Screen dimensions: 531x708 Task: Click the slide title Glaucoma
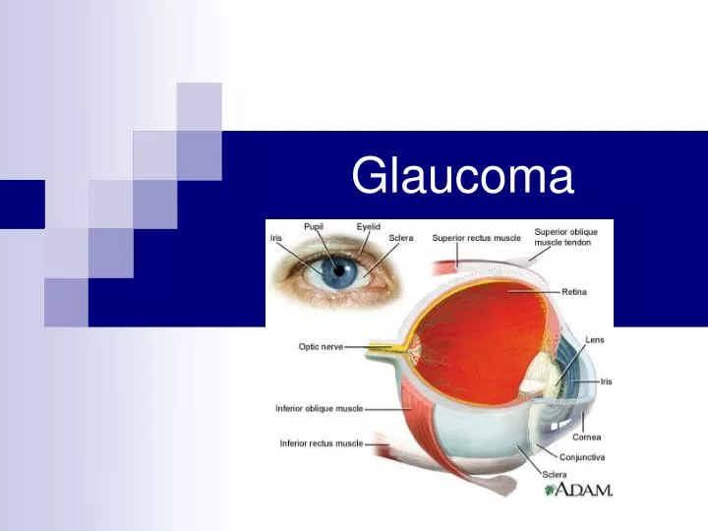coord(462,177)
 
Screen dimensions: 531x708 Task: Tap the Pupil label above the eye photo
coord(314,226)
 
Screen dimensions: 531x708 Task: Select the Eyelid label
coord(369,226)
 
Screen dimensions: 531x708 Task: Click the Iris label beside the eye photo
coord(276,238)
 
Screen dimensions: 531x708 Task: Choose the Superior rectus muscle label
coord(476,238)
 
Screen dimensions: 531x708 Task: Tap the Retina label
coord(574,291)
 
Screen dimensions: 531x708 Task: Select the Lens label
coord(595,339)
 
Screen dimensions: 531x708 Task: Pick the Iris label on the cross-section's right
coord(606,382)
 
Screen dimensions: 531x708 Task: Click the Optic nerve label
coord(321,346)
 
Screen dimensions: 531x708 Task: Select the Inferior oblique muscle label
coord(320,408)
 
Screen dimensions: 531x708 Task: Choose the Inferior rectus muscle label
coord(322,443)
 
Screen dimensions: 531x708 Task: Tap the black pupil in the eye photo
coord(340,270)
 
